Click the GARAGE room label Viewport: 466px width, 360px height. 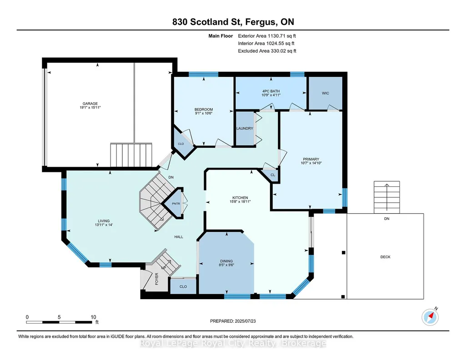pos(90,104)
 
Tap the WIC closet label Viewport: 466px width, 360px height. pos(326,93)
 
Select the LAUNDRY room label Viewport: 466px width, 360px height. pos(245,128)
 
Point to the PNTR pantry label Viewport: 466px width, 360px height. pos(176,204)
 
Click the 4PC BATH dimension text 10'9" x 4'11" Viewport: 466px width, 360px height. pos(271,95)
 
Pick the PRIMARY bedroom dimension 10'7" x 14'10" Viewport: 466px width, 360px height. pos(311,163)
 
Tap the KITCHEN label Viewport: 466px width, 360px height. pos(240,198)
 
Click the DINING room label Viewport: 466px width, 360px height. pos(226,261)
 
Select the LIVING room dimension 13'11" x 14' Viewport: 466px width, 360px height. pos(104,225)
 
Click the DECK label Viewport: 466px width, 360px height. pos(386,257)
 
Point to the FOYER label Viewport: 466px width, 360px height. pos(156,279)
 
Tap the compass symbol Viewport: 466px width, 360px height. pos(430,317)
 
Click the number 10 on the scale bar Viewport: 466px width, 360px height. pos(93,317)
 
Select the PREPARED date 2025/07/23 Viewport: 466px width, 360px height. pos(245,321)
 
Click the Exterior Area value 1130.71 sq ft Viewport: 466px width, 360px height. pos(282,36)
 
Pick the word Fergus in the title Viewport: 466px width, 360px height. pos(258,22)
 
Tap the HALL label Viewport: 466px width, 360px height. pos(179,237)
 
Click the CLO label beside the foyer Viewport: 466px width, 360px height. pos(183,287)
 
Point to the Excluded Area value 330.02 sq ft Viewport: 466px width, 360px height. pos(283,51)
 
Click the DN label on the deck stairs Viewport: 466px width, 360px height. pos(386,219)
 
